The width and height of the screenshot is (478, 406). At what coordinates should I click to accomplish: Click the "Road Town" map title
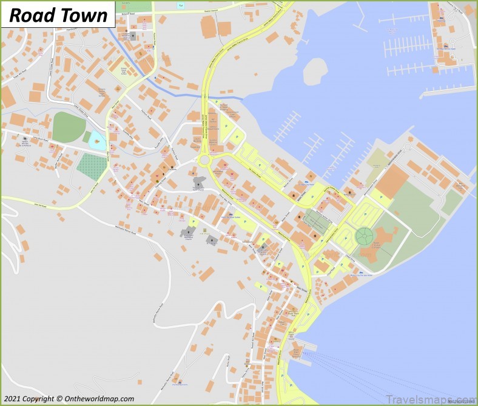59,15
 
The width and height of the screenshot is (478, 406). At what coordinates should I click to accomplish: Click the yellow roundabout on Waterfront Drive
204,160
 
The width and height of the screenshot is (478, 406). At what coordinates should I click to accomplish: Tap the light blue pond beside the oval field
97,142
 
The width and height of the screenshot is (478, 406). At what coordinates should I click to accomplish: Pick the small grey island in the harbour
315,70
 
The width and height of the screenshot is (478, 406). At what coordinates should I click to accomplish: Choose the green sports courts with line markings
317,221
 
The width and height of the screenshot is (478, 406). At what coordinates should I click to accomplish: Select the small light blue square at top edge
180,6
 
